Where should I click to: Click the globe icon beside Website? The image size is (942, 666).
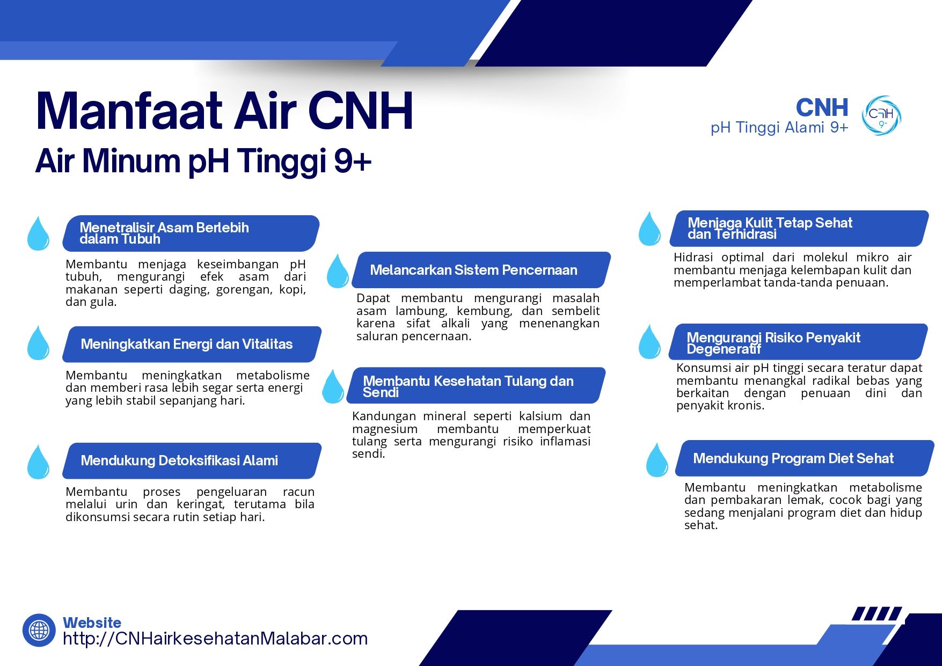[39, 630]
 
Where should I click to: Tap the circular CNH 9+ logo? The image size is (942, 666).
[881, 115]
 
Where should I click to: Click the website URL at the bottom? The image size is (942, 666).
[215, 639]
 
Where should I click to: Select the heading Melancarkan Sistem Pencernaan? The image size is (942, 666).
[473, 270]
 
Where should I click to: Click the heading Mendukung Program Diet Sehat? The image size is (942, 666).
[793, 458]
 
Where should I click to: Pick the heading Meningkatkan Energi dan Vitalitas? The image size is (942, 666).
[186, 344]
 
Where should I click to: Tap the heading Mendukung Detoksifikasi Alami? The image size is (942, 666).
[179, 460]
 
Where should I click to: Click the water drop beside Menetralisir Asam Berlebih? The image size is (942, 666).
[38, 234]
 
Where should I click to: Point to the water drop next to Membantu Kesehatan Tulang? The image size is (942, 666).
[333, 387]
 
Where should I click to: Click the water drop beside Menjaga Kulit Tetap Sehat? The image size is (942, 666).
[649, 229]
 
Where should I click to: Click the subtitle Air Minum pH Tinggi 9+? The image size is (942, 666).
[203, 160]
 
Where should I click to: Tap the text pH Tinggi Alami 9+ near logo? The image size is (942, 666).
[779, 128]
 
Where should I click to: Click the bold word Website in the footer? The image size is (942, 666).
[92, 623]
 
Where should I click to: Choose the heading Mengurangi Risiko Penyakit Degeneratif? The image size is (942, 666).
[773, 343]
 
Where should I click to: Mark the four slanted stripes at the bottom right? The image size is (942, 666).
[877, 613]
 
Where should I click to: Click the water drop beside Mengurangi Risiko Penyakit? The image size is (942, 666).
[649, 342]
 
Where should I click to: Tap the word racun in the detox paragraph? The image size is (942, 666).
[298, 492]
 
